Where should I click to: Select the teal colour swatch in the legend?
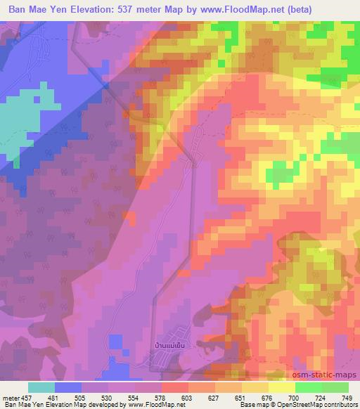pyautogui.click(x=42, y=387)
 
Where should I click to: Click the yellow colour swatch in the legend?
pyautogui.click(x=281, y=387)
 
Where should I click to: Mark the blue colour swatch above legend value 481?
pyautogui.click(x=69, y=387)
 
